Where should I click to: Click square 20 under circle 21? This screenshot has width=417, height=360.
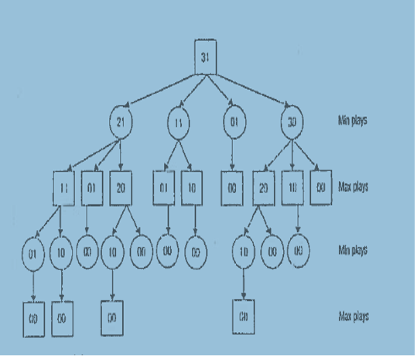(121, 188)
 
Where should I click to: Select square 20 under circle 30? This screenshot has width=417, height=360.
(265, 189)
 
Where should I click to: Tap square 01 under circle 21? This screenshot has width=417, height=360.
(93, 188)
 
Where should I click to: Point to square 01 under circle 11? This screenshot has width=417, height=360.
(164, 188)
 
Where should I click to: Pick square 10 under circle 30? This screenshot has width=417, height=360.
(293, 189)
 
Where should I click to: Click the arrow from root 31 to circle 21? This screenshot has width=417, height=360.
(162, 87)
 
